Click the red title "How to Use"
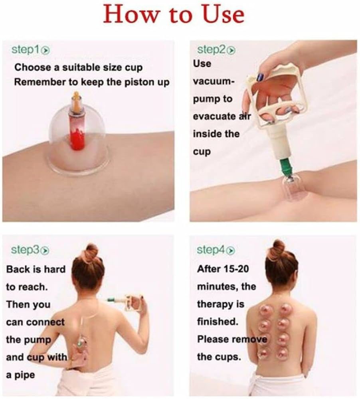(x=174, y=14)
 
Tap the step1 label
(x=26, y=49)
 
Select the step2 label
(x=212, y=49)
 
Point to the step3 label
(x=25, y=250)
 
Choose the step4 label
(x=211, y=250)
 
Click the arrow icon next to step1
(x=45, y=50)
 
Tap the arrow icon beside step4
(x=231, y=251)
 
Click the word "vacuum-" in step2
(x=213, y=81)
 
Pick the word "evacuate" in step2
(x=214, y=117)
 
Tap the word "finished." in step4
(x=218, y=322)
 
